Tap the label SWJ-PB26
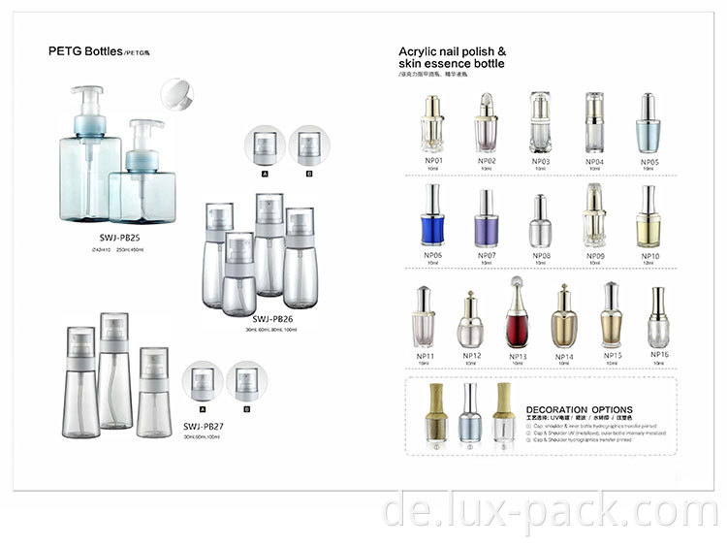(x=272, y=318)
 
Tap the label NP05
(x=648, y=161)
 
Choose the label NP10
(x=648, y=255)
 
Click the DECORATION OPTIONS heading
(x=579, y=409)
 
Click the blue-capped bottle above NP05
(x=648, y=121)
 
